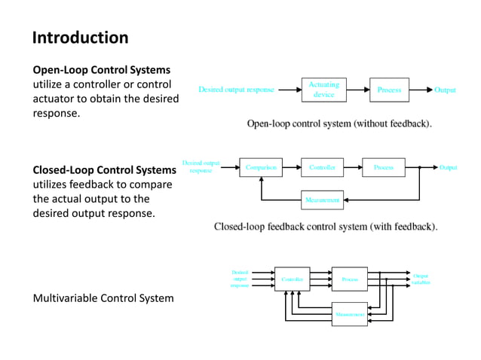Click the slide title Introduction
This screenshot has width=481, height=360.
80,38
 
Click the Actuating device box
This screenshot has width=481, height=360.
323,90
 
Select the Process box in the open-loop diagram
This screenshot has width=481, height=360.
389,90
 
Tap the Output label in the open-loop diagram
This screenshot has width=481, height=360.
445,90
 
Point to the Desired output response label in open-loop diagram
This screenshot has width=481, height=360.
236,90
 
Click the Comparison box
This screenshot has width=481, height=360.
261,167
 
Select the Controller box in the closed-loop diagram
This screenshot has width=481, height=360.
322,167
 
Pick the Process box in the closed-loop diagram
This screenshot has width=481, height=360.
383,167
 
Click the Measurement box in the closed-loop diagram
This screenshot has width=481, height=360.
322,200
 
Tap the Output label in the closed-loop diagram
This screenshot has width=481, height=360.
449,167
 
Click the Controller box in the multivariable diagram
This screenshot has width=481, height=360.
292,279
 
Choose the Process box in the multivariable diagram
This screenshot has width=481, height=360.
350,279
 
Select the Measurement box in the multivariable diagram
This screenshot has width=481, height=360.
350,313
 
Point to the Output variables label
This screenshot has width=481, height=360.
421,279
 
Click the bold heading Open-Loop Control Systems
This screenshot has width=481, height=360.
102,70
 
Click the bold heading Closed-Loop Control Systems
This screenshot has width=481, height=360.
104,170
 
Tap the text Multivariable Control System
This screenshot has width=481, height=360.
103,298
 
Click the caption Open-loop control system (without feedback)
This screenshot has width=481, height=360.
339,124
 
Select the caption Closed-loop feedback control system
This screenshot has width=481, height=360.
326,226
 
